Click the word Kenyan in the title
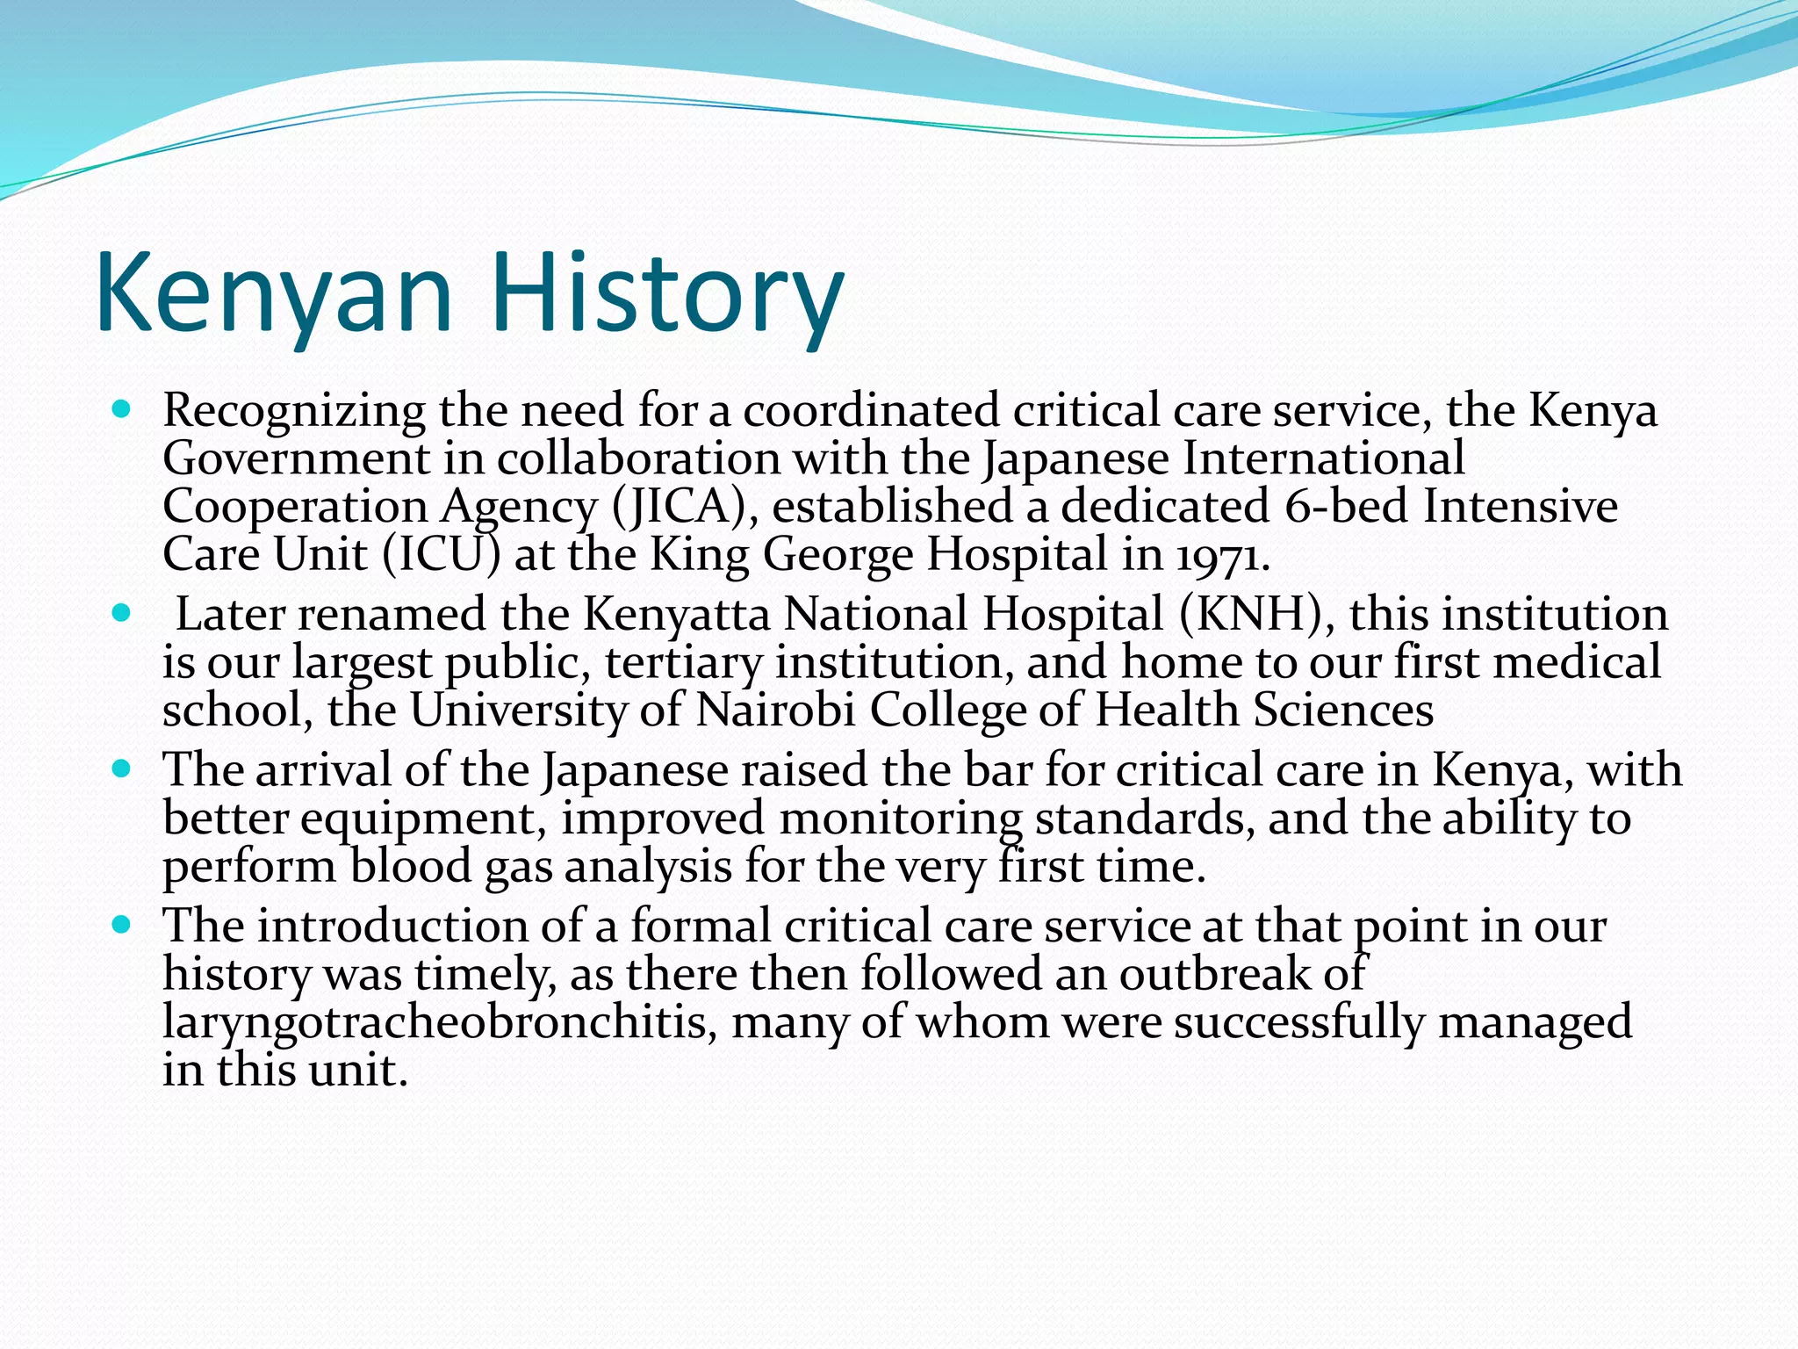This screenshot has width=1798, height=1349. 274,292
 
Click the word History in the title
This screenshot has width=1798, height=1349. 667,292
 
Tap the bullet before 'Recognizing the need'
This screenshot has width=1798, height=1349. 122,409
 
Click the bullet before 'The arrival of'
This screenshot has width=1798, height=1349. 122,768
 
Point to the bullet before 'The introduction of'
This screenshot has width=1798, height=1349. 122,925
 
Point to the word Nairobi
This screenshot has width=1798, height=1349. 775,710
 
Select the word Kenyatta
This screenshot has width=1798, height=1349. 676,614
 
